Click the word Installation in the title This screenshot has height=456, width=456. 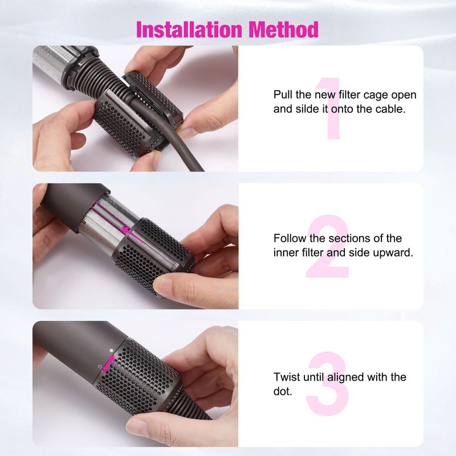[x=189, y=30]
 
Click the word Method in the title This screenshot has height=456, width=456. [x=283, y=30]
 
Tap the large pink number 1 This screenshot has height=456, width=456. [x=331, y=108]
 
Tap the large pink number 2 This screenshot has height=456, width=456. [x=327, y=246]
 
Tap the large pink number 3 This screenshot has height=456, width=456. [x=328, y=384]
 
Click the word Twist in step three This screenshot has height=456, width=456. [x=287, y=377]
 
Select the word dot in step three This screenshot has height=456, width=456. [x=282, y=392]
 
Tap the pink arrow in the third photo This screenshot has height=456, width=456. [x=108, y=364]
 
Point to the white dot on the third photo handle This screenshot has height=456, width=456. [x=111, y=351]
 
